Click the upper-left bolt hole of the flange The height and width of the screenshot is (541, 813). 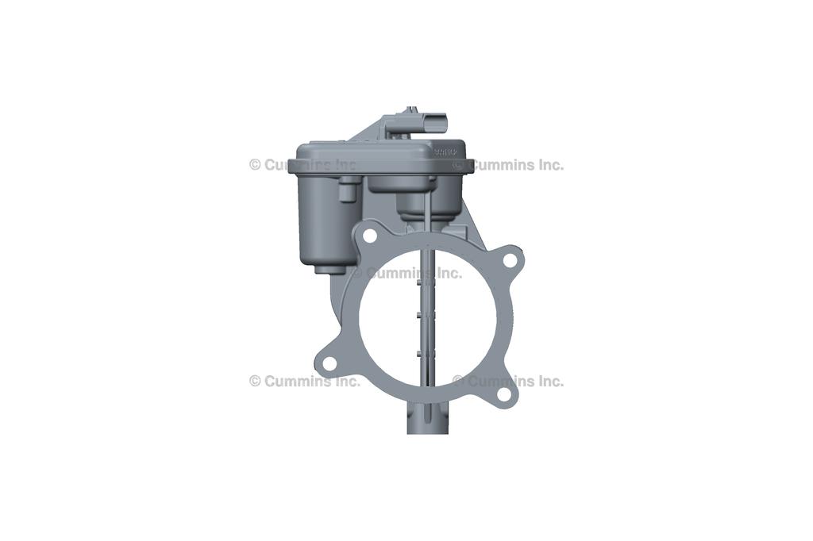tap(369, 236)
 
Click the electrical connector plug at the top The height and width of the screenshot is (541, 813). tap(434, 123)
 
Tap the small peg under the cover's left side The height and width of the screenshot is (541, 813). tap(347, 190)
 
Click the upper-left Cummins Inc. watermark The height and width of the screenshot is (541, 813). tap(304, 165)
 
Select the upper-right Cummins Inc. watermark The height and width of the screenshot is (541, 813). tap(508, 165)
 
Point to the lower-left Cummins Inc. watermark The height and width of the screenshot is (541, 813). tap(304, 381)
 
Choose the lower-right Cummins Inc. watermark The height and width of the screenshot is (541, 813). tap(508, 381)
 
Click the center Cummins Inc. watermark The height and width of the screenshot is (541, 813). tap(406, 273)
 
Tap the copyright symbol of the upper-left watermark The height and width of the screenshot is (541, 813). tap(255, 165)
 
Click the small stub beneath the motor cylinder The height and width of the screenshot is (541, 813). tap(324, 269)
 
